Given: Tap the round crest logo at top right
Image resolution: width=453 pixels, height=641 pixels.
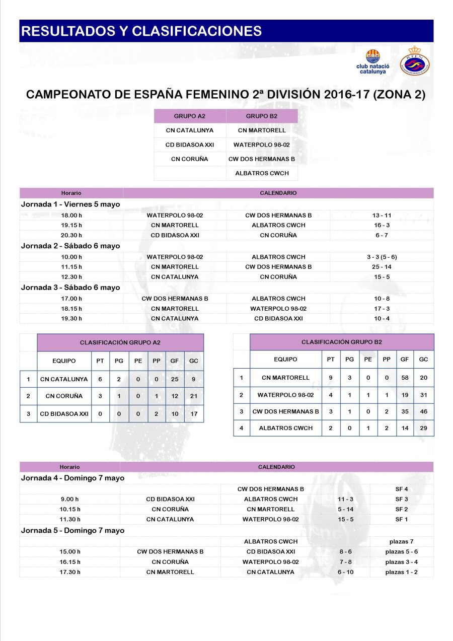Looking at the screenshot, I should (414, 61).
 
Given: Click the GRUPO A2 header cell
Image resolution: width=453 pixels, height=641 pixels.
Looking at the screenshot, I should (190, 116).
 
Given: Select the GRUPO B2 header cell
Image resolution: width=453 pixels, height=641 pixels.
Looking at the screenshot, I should (262, 116).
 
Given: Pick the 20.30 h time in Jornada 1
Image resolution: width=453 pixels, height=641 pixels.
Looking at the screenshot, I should (71, 235).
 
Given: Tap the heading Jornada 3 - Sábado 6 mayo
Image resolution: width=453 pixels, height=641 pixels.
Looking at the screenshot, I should (70, 288).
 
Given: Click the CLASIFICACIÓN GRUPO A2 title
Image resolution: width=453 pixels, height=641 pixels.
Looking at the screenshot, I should (120, 342).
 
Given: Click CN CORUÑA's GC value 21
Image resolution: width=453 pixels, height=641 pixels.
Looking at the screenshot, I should (194, 396).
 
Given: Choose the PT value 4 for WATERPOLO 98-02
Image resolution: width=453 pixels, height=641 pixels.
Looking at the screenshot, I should (331, 395).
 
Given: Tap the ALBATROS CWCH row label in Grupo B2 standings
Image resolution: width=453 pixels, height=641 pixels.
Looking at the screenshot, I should (285, 428).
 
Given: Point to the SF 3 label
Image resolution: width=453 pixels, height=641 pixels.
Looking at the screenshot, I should (402, 499).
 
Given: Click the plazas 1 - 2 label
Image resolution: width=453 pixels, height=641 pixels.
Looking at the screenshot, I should (401, 572).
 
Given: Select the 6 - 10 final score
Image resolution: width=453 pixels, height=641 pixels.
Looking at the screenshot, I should (345, 572).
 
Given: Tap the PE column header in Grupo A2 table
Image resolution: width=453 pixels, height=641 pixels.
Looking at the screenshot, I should (138, 361).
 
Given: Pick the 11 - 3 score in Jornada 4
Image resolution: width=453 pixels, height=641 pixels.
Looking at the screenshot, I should (345, 499).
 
